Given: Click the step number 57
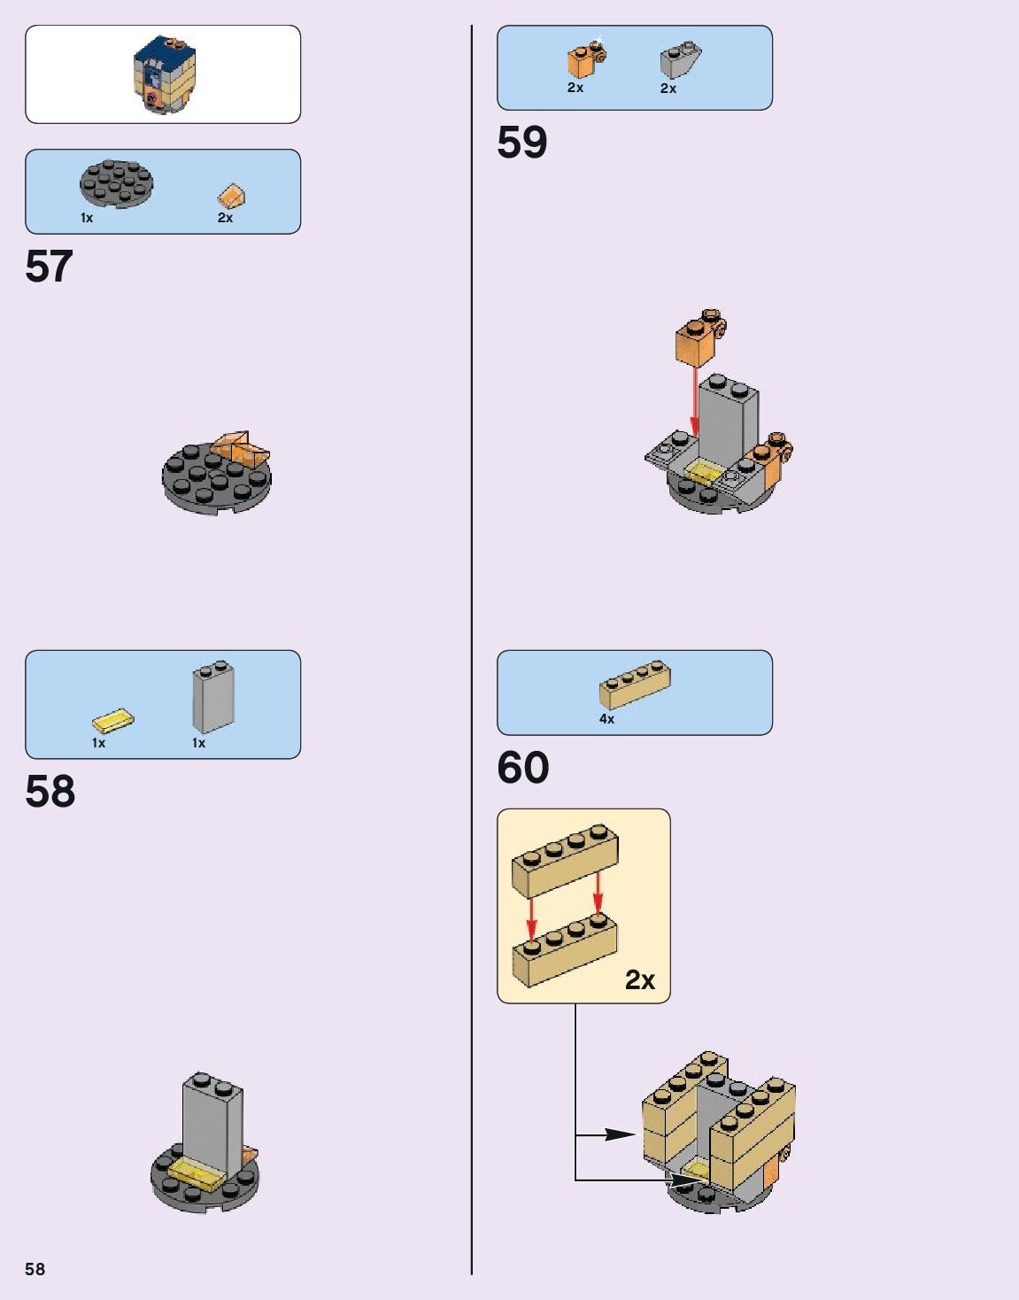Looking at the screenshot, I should point(49,267).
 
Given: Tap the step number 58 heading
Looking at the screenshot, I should point(50,791).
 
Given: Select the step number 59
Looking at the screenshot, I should point(522,143).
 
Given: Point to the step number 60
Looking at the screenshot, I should point(523,768).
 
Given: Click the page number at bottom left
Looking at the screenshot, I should point(35,1269).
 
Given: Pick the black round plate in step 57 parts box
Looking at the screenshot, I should point(117,183).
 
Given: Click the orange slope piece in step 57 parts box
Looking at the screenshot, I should point(231,196).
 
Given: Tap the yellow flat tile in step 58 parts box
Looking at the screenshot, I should point(112,721).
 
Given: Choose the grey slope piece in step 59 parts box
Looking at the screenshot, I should point(680,60).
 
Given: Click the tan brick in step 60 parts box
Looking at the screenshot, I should point(635,685).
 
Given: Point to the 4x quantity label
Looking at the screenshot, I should point(606,719).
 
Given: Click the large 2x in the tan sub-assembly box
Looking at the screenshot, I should point(639,979).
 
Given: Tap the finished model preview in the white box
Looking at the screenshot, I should point(164,74).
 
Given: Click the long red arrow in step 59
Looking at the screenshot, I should point(695,403).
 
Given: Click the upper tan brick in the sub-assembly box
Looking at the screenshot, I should point(565,855).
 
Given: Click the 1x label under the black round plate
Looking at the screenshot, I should point(87,218).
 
